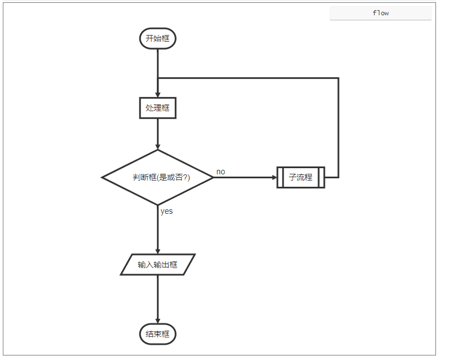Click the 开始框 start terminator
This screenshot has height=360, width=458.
[158, 39]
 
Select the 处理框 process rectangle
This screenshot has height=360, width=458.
[158, 108]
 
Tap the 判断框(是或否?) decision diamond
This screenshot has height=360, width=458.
[158, 177]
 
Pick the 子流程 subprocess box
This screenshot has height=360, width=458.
[301, 177]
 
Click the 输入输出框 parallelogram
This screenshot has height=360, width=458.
[158, 265]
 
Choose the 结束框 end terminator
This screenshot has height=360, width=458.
[158, 334]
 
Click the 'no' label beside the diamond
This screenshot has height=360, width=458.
[221, 172]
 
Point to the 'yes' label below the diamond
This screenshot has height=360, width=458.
[166, 212]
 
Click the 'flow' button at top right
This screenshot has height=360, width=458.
[381, 13]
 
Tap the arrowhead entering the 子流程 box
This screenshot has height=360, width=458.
[274, 177]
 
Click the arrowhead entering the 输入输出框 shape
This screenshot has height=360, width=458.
[158, 252]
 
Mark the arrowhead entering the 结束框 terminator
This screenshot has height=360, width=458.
[158, 322]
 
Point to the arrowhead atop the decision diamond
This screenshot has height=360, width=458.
[158, 147]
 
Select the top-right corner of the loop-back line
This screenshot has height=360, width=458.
[338, 78]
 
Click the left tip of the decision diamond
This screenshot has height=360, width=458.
[103, 177]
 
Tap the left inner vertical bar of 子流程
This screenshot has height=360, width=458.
[281, 177]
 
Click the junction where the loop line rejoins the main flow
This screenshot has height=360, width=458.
[158, 78]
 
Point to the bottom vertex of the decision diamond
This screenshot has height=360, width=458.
[158, 204]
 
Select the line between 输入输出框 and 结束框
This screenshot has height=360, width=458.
[158, 296]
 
